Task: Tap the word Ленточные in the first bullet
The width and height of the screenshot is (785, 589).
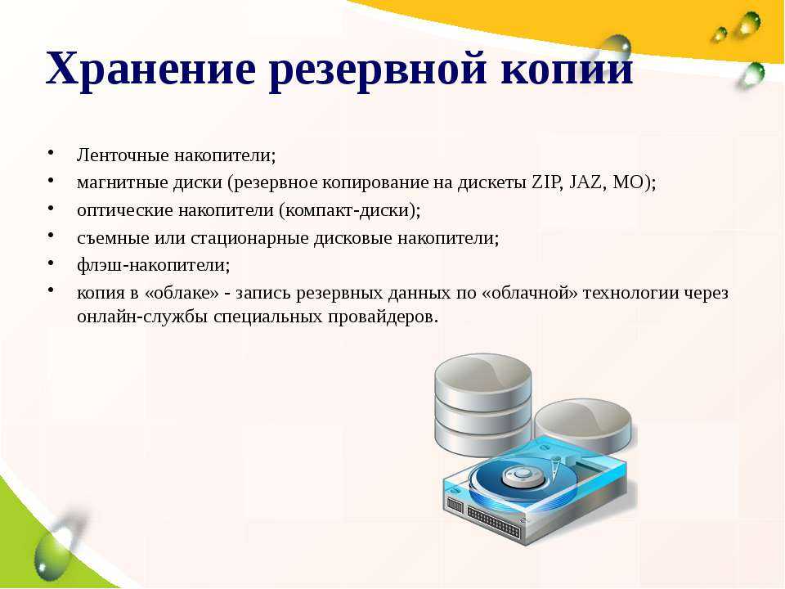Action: [x=123, y=155]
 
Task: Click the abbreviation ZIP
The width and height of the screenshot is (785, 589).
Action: [x=545, y=182]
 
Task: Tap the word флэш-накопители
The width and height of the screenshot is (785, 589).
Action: [x=152, y=264]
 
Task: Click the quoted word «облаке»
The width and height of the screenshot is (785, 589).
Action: [x=182, y=293]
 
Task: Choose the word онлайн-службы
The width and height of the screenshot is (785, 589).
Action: [x=142, y=317]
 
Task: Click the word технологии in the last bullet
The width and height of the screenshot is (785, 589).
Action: [x=633, y=293]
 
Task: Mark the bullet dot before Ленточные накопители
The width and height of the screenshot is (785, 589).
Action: [x=51, y=153]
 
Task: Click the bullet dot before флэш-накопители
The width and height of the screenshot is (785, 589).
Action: [x=51, y=262]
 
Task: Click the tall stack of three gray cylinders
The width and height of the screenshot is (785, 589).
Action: [x=482, y=405]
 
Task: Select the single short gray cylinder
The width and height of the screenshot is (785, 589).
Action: [x=583, y=425]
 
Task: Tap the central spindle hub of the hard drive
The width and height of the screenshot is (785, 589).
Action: [x=523, y=474]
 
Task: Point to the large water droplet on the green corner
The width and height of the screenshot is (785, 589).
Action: [x=52, y=548]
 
